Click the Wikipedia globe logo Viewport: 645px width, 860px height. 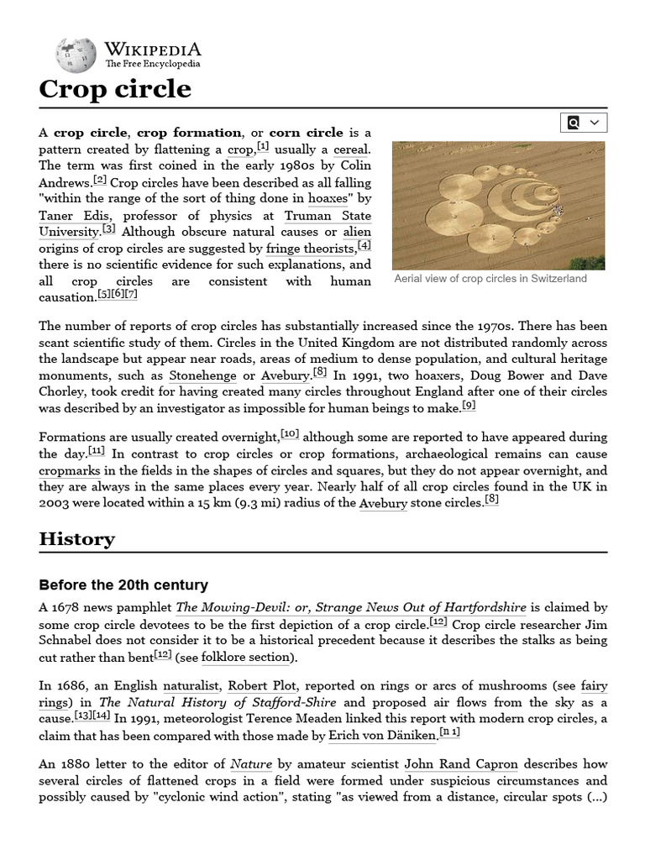tap(76, 54)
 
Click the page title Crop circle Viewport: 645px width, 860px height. tap(115, 89)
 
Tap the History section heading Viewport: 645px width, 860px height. tap(77, 539)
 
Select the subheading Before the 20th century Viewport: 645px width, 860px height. tap(123, 585)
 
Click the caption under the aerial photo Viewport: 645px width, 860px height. tap(490, 279)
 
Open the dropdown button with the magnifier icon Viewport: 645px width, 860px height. tap(584, 123)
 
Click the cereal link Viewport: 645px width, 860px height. tap(350, 149)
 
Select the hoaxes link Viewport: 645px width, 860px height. tap(328, 199)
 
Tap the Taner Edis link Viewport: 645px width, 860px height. tap(73, 216)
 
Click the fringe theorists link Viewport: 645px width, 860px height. tap(310, 249)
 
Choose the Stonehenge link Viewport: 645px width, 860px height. tap(202, 375)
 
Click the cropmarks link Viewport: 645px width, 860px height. tap(70, 471)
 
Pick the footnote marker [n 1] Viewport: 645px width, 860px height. tap(450, 733)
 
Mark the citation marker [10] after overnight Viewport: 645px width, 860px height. tap(290, 434)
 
